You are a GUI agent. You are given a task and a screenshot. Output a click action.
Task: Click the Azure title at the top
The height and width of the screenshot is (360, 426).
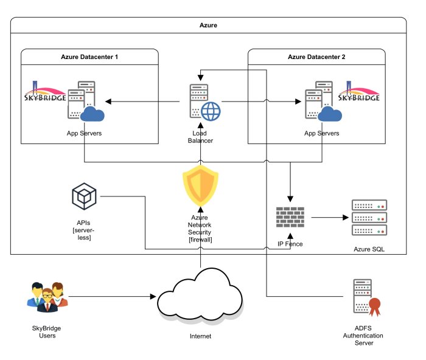coord(208,26)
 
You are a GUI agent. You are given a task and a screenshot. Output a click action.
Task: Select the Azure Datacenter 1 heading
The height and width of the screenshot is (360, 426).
coord(89,57)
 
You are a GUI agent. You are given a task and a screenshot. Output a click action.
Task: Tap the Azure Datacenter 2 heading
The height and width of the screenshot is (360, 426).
coord(316,57)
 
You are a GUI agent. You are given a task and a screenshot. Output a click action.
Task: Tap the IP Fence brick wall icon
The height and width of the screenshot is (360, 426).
coord(290,216)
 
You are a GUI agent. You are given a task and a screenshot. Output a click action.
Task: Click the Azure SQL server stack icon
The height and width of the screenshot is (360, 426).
coord(369,218)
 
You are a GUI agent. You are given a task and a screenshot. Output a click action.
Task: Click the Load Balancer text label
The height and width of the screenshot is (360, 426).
coord(200,136)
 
